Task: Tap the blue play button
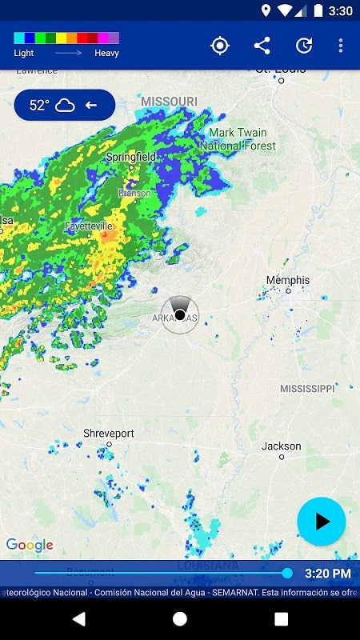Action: coord(321,522)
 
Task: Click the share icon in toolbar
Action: coord(262,46)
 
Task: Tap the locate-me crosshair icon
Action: coord(219,46)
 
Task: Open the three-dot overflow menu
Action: coord(340,46)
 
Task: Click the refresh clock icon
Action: coord(304,46)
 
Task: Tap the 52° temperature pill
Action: coord(64,105)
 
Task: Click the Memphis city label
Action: coord(288,281)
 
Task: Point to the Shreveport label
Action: coord(109,434)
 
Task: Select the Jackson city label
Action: coord(282,446)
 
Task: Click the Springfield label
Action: coord(131,157)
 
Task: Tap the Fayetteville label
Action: coord(89,226)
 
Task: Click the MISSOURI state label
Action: coord(169,102)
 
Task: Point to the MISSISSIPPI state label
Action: coord(307,389)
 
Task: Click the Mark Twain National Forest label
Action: coord(238,139)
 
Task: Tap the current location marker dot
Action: coord(180,314)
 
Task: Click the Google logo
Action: coord(30,546)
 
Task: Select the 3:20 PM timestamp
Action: coord(327,574)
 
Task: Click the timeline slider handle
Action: coord(287,573)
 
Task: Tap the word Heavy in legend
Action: coord(106,54)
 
